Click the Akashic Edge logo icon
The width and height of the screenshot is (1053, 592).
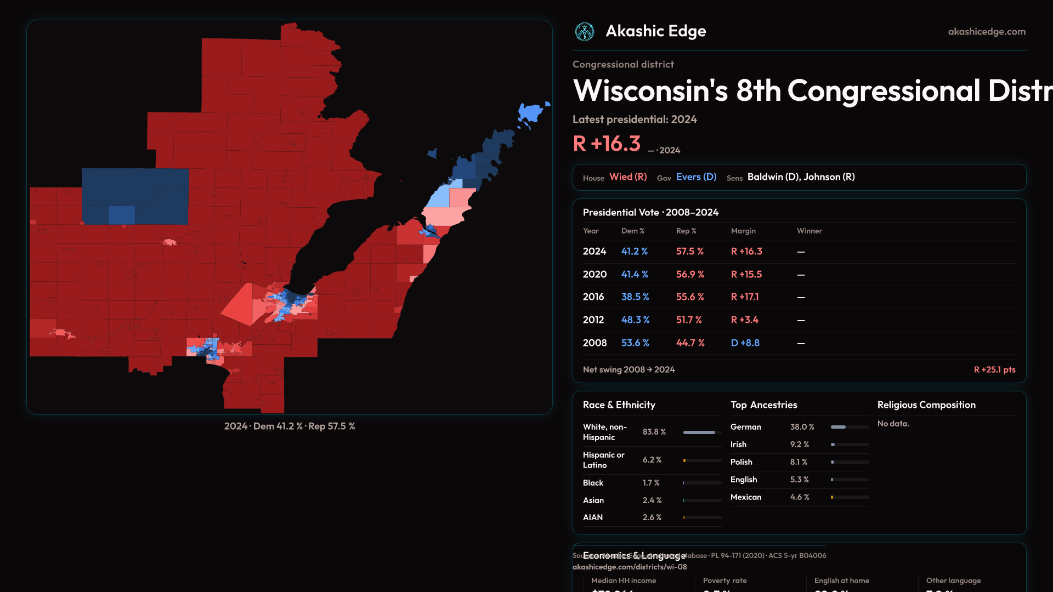coord(584,32)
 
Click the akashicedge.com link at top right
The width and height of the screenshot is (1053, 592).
coord(987,32)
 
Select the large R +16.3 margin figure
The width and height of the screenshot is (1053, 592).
coord(607,144)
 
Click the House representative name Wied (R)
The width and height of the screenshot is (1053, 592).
coord(628,177)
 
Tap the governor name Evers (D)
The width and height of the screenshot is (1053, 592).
coord(696,177)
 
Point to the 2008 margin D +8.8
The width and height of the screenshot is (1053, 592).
coord(745,343)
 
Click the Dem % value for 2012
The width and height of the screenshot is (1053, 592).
coord(635,320)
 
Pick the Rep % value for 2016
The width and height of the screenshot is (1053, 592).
coord(689,297)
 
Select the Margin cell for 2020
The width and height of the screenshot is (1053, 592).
coord(746,275)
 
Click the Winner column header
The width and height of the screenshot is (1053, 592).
coord(809,231)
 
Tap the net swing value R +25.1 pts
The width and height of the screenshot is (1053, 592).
coord(994,370)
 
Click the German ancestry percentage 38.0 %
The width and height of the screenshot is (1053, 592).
coord(802,427)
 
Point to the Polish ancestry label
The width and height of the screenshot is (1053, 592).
coord(741,462)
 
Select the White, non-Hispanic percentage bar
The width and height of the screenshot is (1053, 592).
coord(701,432)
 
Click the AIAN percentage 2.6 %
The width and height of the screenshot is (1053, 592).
coord(652,517)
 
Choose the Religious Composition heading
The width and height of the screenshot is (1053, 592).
coord(926,405)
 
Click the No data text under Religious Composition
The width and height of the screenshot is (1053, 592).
coord(893,424)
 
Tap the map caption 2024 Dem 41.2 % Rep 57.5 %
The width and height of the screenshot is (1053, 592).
coord(290,426)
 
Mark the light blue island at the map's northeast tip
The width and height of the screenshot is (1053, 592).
coord(530,113)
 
